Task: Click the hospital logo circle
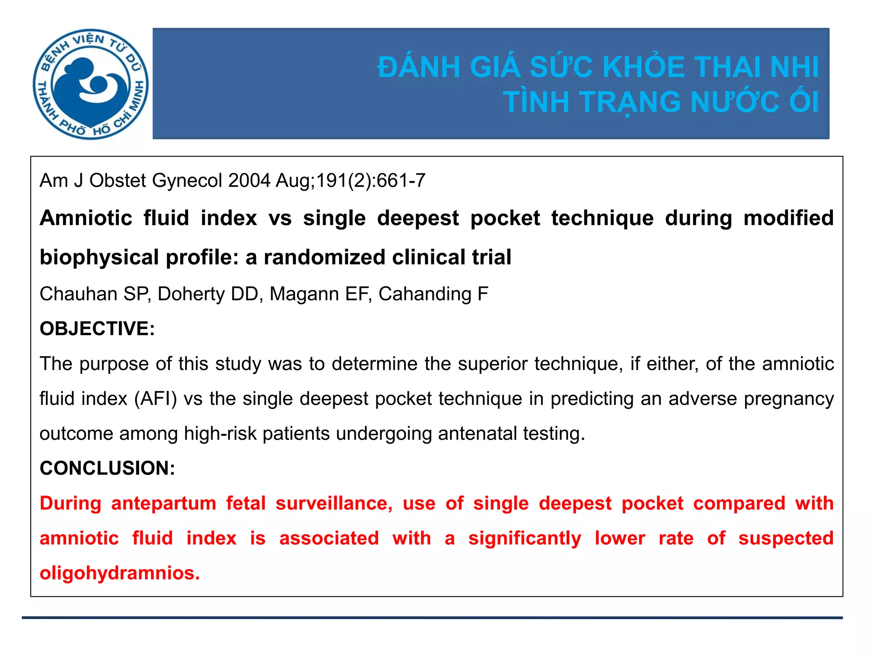[x=91, y=84]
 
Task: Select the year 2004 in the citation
[x=249, y=181]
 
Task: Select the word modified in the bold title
[x=788, y=218]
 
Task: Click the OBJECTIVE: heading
[x=97, y=329]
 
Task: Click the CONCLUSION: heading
[x=107, y=468]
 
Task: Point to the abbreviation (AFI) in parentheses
[x=155, y=399]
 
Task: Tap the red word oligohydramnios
[x=119, y=573]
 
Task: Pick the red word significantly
[x=525, y=538]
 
